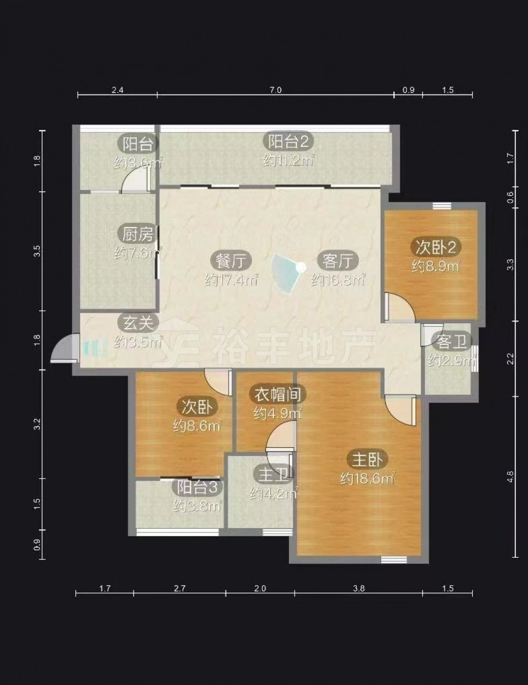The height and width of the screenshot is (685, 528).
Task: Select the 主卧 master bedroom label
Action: point(367,459)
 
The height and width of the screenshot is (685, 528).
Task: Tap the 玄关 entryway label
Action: point(138,323)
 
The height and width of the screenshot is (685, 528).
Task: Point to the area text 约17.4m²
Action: point(232,279)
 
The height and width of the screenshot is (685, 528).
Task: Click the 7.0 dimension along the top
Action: point(275,90)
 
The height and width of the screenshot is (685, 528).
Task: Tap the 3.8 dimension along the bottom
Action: point(359,588)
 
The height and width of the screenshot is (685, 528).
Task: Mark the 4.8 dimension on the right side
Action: point(511,476)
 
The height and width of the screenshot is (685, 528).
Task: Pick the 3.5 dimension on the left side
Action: point(37,251)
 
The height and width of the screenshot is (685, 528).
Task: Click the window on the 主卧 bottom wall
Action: point(394,559)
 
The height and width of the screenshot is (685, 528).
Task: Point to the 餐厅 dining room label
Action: point(231,260)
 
